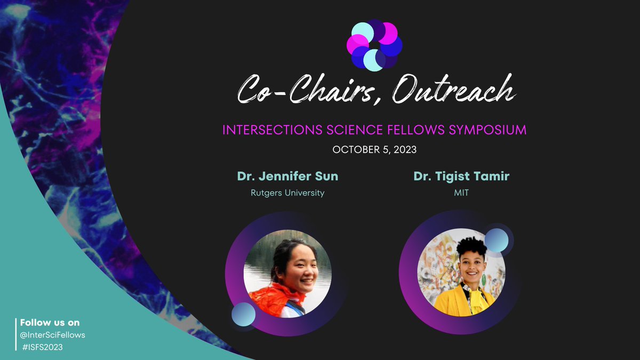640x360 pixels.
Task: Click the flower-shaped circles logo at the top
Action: coord(374,45)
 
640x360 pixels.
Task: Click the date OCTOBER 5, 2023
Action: coord(374,150)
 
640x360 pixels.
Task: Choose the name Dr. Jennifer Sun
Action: coord(287,177)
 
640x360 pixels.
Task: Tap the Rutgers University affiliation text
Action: coord(287,193)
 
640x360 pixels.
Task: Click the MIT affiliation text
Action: coord(461,193)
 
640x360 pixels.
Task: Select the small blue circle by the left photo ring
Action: coord(244,314)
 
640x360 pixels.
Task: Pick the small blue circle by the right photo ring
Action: coord(496,240)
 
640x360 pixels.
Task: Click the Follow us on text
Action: coord(50,323)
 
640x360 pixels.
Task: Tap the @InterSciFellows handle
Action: coord(53,335)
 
